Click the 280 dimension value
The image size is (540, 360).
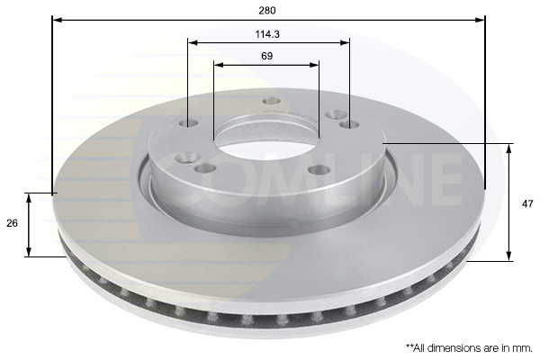tap(267, 11)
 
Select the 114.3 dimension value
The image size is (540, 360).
tap(267, 34)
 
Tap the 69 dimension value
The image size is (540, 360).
tap(267, 56)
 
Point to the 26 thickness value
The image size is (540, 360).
tap(12, 223)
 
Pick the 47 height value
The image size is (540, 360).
tap(527, 204)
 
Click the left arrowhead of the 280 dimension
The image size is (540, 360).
tap(58, 20)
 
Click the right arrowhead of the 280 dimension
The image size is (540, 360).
tap(480, 20)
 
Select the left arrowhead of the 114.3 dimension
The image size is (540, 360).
tap(193, 42)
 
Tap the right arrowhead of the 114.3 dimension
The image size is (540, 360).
tap(345, 42)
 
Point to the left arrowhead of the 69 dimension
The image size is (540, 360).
tap(219, 65)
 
